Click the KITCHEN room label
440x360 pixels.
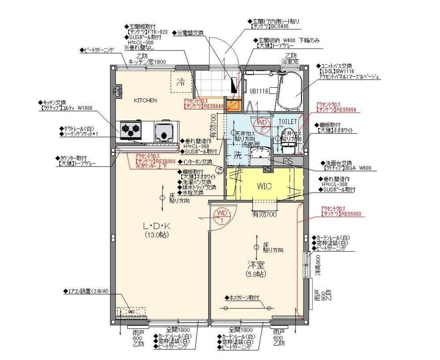[x=145, y=100]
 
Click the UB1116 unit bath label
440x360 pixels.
[x=259, y=91]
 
